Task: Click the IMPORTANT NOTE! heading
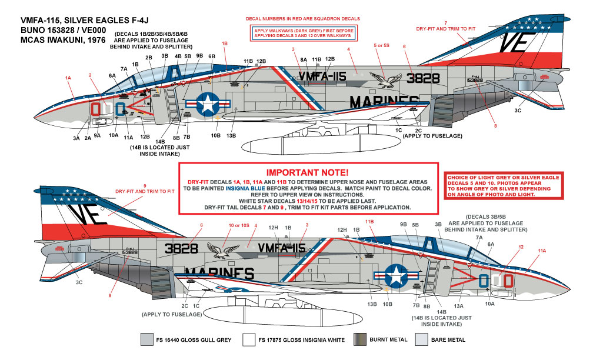[308, 172]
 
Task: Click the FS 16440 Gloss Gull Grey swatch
[145, 339]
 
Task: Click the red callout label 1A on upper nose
[68, 78]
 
